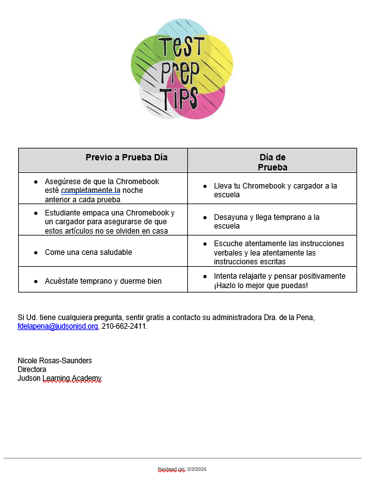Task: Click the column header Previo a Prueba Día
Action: click(x=127, y=158)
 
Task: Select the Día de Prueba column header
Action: click(x=273, y=162)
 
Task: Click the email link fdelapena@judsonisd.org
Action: click(x=58, y=326)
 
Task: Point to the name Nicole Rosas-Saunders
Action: click(x=55, y=361)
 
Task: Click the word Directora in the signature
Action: click(x=32, y=370)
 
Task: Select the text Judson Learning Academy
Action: click(x=59, y=378)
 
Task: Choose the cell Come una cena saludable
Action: click(x=88, y=252)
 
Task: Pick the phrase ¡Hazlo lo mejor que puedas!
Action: click(x=261, y=286)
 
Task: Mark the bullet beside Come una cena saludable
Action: click(x=36, y=252)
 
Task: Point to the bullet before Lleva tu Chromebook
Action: click(x=205, y=187)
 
